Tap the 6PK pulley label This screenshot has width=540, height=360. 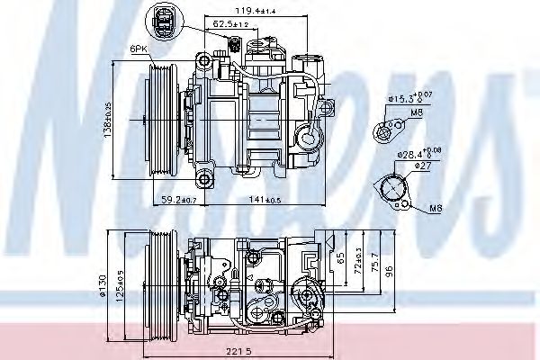click(138, 50)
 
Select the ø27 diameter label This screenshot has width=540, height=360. click(411, 165)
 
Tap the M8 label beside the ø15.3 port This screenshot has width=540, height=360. click(415, 112)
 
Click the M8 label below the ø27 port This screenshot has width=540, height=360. click(435, 209)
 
